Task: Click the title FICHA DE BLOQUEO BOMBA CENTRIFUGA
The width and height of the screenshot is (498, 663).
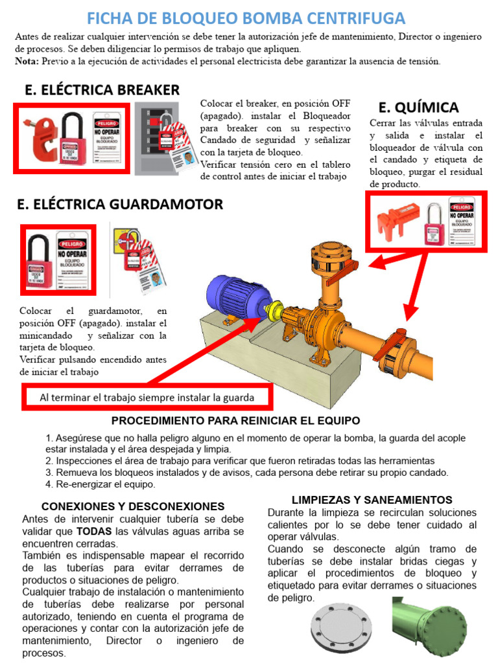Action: pyautogui.click(x=246, y=17)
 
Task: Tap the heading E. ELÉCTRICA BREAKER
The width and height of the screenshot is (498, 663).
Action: pyautogui.click(x=102, y=89)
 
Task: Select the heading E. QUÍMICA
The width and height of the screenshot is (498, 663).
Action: pyautogui.click(x=418, y=107)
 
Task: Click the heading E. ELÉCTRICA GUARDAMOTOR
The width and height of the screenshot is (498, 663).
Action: pyautogui.click(x=120, y=204)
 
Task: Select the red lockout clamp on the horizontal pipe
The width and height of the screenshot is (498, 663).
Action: pyautogui.click(x=392, y=350)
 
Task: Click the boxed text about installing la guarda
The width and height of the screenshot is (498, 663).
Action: pyautogui.click(x=147, y=397)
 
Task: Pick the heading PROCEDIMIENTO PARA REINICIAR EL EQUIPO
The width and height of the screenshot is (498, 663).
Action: pyautogui.click(x=235, y=421)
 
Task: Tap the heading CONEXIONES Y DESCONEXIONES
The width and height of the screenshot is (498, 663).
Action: pyautogui.click(x=133, y=506)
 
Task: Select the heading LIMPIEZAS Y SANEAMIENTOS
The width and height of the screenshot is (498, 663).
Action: pyautogui.click(x=372, y=500)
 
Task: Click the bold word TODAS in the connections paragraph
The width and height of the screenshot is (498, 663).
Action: pyautogui.click(x=95, y=531)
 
